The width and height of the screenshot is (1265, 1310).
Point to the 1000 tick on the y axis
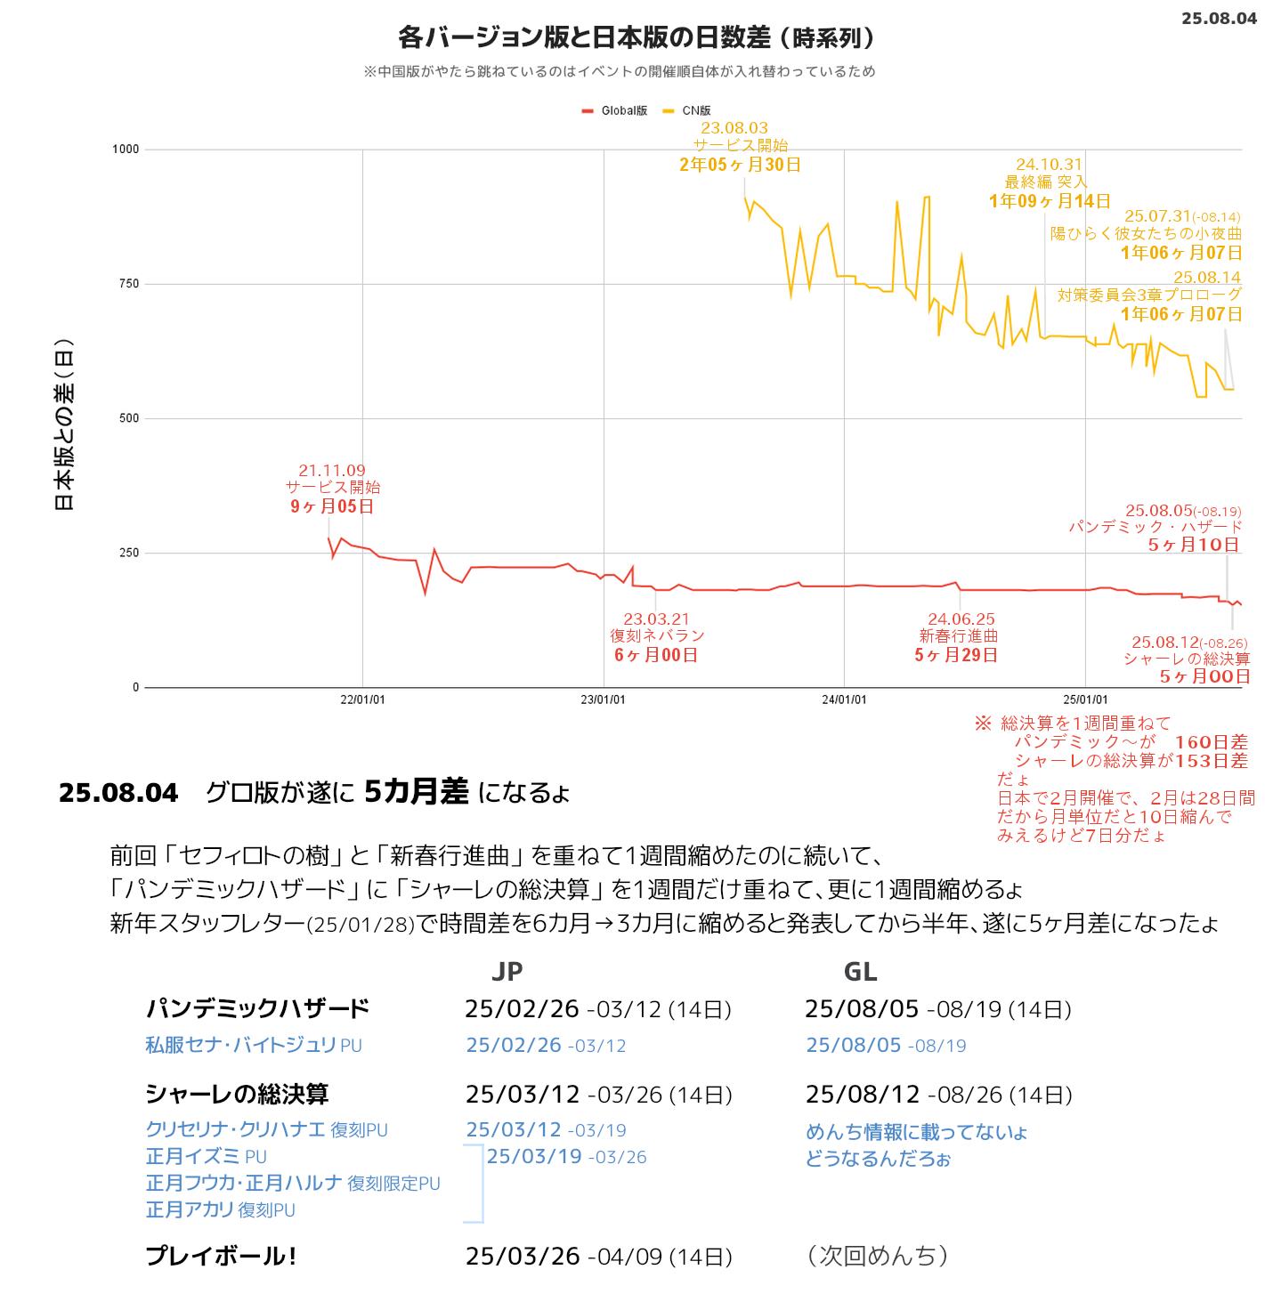(x=126, y=150)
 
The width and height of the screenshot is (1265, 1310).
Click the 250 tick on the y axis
(x=129, y=553)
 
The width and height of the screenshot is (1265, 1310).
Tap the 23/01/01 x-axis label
(x=603, y=699)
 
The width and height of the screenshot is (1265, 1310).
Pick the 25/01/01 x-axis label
(x=1085, y=699)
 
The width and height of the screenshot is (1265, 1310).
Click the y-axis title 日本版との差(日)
(x=64, y=425)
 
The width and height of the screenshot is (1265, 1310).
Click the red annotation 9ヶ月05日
(x=332, y=506)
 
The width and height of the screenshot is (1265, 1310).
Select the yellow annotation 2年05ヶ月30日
(x=740, y=165)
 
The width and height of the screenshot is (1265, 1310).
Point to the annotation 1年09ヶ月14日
(x=1050, y=201)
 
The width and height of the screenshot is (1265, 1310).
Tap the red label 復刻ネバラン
(x=657, y=635)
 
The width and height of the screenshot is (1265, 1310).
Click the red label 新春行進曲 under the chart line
(x=958, y=635)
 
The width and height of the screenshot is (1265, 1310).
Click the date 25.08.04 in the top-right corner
(x=1219, y=18)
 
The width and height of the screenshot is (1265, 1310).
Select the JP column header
(x=507, y=971)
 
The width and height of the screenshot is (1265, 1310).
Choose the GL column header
(x=860, y=971)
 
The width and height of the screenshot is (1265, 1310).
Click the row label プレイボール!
(x=221, y=1256)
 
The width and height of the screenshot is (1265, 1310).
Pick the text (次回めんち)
(x=877, y=1256)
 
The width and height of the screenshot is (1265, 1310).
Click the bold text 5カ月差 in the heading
(x=417, y=791)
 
